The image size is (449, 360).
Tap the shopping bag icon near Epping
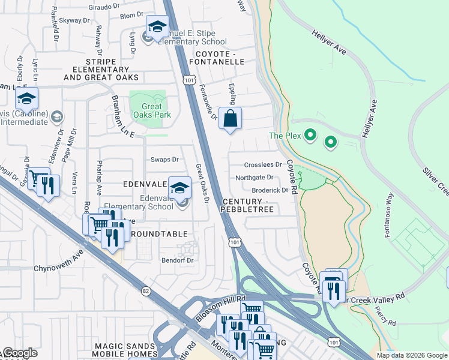(x=230, y=119)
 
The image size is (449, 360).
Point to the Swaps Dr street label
(x=164, y=160)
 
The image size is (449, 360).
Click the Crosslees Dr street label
(x=263, y=164)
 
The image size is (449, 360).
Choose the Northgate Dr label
(x=254, y=178)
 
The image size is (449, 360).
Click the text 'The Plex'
(x=284, y=136)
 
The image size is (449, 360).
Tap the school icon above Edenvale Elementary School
(x=179, y=188)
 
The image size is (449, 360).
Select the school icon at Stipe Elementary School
(x=157, y=27)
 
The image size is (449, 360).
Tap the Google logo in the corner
(x=19, y=353)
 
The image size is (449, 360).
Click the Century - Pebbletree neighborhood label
(x=248, y=205)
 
